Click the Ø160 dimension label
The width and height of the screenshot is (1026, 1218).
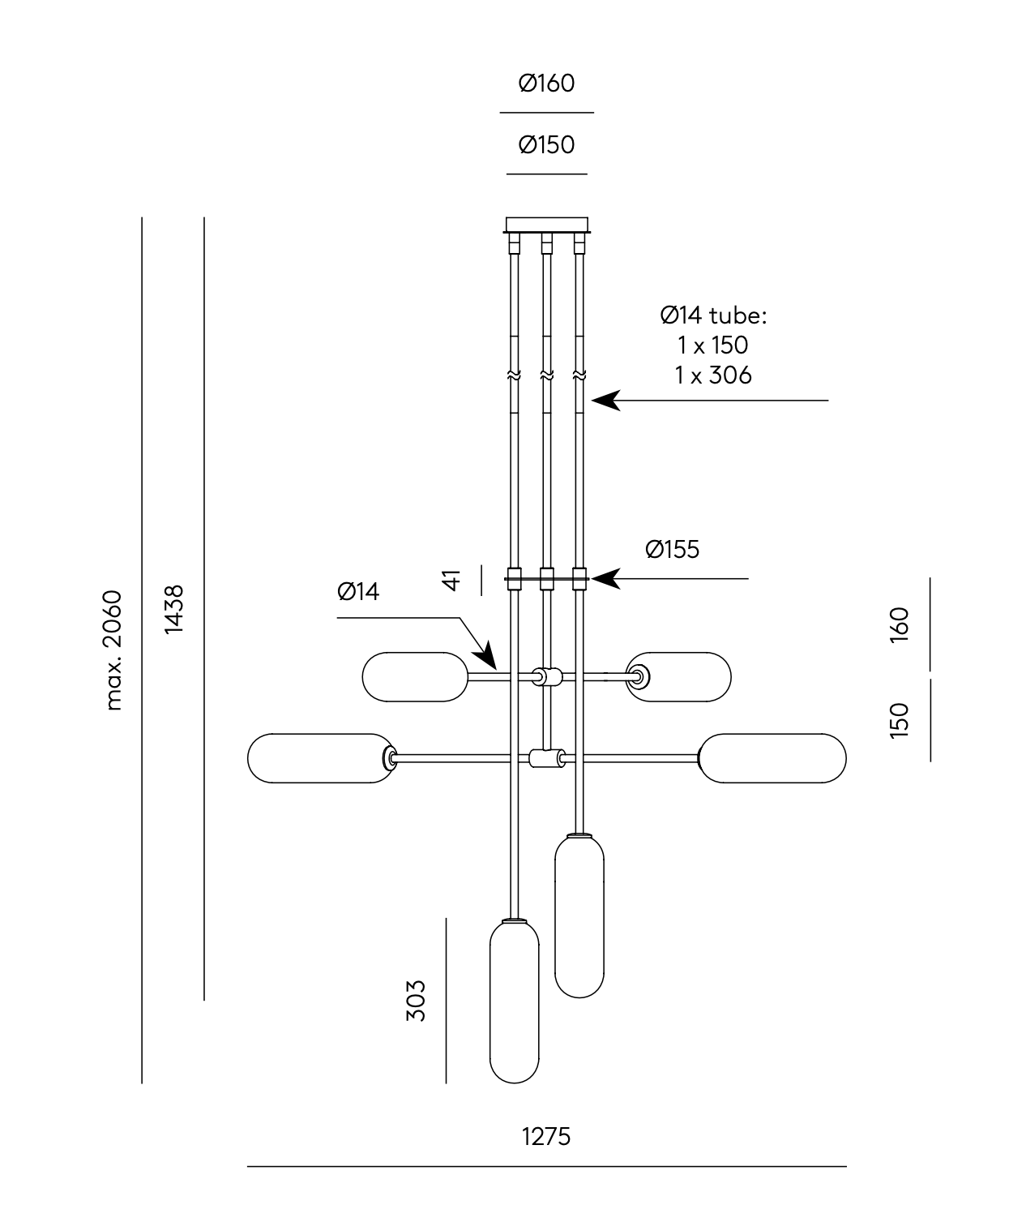coord(546,84)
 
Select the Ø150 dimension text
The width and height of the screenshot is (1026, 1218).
coord(546,145)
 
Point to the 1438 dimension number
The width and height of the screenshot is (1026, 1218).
coord(174,610)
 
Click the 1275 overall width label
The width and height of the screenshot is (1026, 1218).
coord(546,1137)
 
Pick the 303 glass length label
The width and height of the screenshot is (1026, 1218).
coord(415,1000)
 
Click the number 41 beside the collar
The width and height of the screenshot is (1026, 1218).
coord(451,580)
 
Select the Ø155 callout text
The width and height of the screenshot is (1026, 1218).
coord(672,550)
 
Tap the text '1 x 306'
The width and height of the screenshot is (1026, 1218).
coord(713,375)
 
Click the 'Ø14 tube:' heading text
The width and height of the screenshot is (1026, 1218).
coord(713,315)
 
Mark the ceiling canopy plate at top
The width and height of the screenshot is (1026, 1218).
coord(546,224)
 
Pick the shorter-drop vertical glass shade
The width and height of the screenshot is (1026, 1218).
coord(579,916)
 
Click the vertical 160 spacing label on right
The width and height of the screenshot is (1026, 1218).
coord(900,624)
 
